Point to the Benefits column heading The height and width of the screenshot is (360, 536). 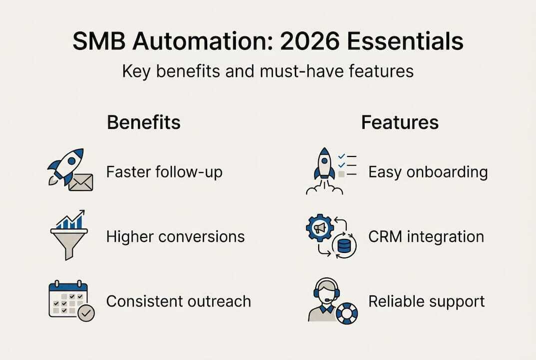(144, 122)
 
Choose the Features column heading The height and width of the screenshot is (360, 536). (400, 122)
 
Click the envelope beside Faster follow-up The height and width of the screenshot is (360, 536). (80, 182)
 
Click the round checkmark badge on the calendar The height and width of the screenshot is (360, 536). (87, 313)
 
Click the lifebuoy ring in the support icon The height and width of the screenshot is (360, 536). (346, 313)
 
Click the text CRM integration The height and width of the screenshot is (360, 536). (426, 236)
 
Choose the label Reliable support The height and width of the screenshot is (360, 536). (427, 301)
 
